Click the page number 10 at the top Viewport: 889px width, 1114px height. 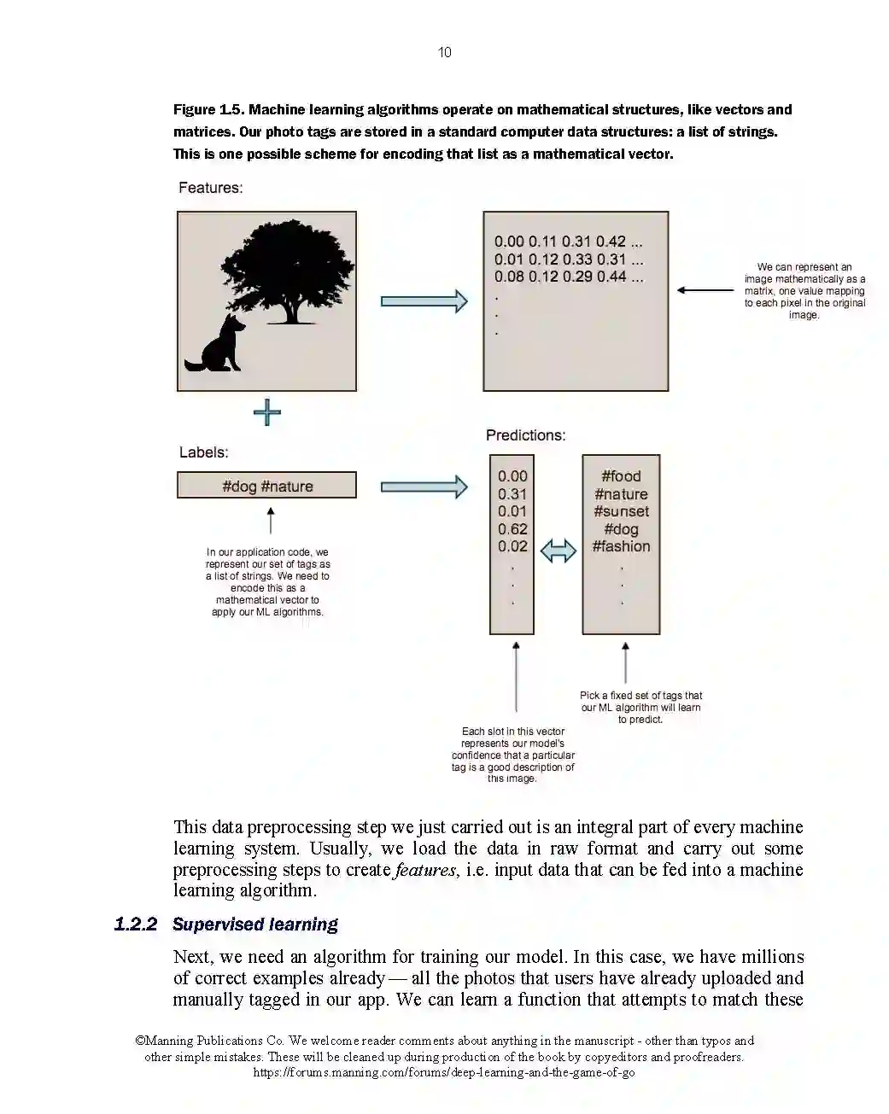point(444,53)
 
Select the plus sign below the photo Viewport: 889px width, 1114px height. point(267,413)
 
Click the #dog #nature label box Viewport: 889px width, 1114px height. point(266,486)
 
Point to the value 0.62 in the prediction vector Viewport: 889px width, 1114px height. point(512,529)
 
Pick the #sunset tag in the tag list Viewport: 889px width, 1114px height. point(621,511)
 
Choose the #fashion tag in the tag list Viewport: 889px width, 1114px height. point(621,546)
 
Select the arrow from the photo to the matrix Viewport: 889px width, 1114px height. point(424,301)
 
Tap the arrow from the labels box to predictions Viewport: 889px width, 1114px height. point(424,487)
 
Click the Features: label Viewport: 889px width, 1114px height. point(210,188)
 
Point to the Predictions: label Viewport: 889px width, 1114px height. point(525,435)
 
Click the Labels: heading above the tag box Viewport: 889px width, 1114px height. point(203,452)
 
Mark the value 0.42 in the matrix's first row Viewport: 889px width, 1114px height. point(611,242)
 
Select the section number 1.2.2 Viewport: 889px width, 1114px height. point(136,924)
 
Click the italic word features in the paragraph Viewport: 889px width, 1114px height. point(426,870)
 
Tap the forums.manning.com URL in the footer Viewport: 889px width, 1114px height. point(443,1072)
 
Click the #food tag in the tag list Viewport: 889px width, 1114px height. point(621,476)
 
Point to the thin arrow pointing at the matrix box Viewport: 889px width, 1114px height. point(705,290)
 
